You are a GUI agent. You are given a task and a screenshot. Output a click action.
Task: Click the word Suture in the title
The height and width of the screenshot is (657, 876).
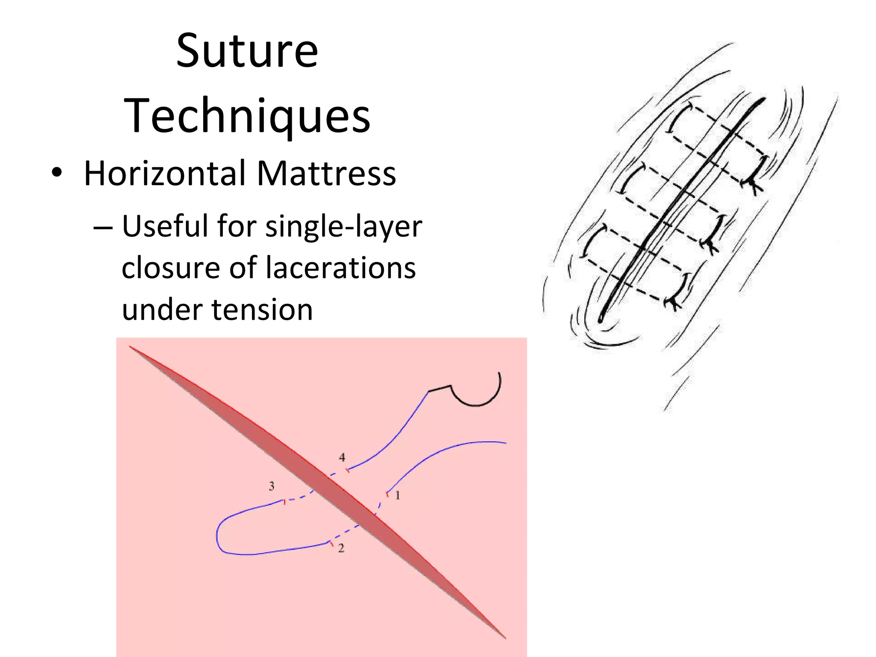247,51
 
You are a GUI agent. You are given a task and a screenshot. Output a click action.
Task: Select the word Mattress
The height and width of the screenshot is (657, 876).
326,174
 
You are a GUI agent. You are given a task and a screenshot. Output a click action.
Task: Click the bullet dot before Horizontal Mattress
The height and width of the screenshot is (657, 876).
56,174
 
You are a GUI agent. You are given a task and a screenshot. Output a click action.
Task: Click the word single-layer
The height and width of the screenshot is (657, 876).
343,227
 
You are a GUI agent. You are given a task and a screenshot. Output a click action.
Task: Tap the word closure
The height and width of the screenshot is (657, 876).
170,268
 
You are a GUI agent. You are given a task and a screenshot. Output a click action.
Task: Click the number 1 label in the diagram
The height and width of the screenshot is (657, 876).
397,495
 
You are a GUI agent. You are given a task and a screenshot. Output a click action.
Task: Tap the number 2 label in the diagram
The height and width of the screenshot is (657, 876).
341,548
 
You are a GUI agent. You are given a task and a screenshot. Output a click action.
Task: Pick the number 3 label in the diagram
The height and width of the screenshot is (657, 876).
271,486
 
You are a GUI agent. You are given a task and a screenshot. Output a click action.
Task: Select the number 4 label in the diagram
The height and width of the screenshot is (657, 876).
342,457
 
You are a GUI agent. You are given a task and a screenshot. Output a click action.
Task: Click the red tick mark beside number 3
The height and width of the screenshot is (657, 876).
284,501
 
